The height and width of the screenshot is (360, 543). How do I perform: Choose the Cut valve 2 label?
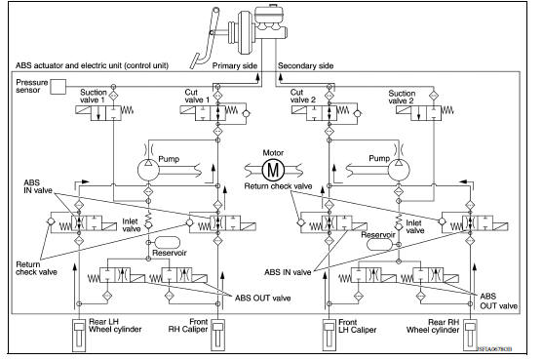pyautogui.click(x=304, y=97)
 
